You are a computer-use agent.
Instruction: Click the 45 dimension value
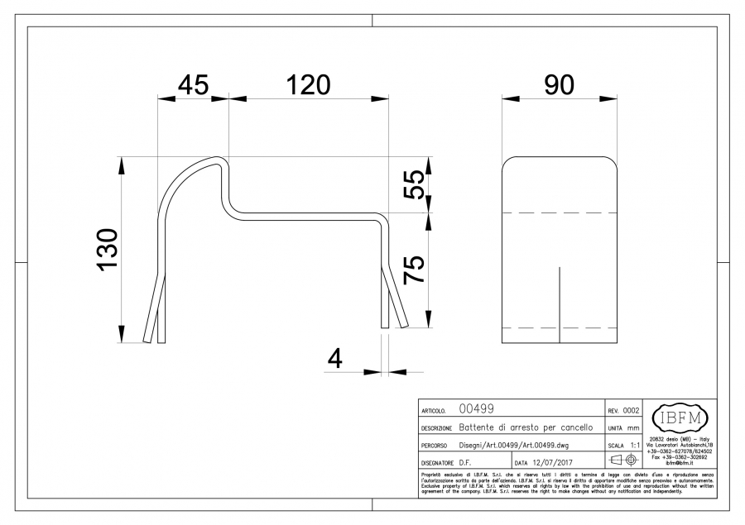coord(192,85)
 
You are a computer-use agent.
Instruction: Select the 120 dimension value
coord(308,85)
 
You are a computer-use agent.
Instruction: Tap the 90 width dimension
coord(560,85)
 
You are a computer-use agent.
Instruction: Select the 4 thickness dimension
coord(335,359)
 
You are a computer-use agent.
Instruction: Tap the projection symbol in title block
coord(622,460)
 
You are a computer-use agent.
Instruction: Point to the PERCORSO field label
coord(435,445)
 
